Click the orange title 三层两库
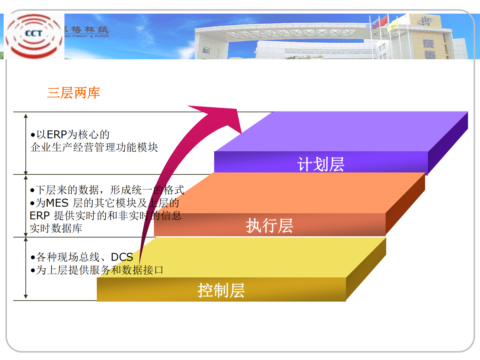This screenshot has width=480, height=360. coord(73,93)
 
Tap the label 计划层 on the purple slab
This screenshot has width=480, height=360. coord(321,164)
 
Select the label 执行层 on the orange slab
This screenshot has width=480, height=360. coord(269,226)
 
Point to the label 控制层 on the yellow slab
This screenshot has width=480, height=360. coord(221,290)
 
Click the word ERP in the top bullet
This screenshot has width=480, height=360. coord(57,134)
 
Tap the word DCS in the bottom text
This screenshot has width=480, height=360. coord(122,257)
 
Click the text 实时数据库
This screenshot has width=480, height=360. coord(56,228)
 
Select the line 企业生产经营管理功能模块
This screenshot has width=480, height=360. coord(94,147)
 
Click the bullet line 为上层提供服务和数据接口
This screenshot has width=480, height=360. coord(100,270)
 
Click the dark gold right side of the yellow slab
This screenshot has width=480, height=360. coord(366,269)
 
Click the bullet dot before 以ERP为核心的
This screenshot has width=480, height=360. coord(33,135)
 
